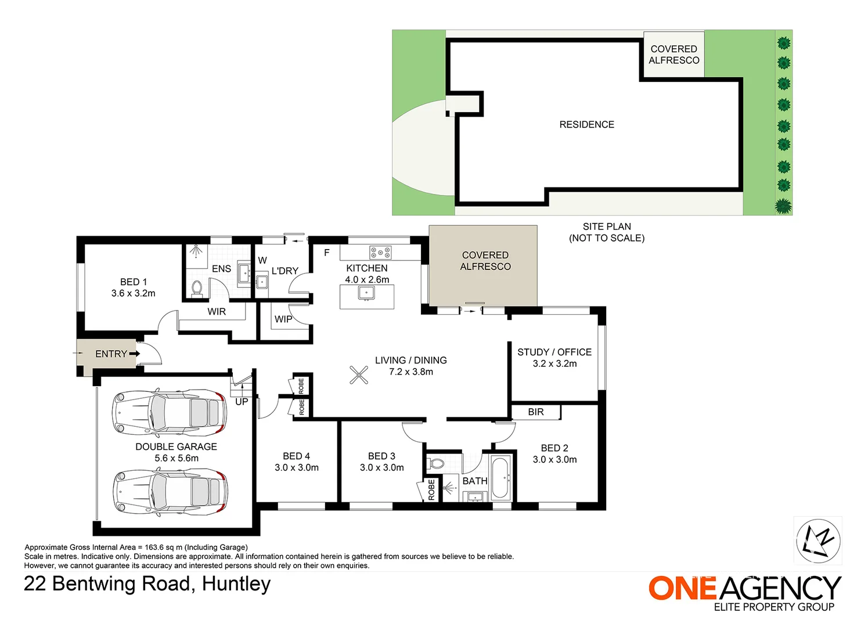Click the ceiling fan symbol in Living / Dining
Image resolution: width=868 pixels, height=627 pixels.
tap(359, 374)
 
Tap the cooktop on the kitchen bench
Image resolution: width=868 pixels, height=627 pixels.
tap(380, 253)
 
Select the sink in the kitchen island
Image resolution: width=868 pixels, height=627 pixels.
tap(366, 293)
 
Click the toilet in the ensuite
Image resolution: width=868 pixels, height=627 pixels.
tap(197, 288)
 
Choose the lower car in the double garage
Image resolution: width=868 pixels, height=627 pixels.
tap(171, 492)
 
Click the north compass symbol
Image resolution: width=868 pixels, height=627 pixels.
tap(819, 541)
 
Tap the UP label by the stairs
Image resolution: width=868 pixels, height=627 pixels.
tap(242, 402)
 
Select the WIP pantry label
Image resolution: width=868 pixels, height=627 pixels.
tap(283, 319)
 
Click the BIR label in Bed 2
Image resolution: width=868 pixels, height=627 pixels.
tap(536, 412)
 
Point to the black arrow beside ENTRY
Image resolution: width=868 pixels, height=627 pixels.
tap(135, 354)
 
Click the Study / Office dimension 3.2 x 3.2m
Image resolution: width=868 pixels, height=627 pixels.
tap(554, 363)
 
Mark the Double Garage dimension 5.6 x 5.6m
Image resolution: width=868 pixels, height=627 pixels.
tap(177, 458)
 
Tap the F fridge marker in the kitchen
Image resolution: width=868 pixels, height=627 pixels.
tap(327, 253)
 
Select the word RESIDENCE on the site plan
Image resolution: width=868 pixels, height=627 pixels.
tap(586, 124)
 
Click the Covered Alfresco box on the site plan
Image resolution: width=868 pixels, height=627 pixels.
tap(674, 54)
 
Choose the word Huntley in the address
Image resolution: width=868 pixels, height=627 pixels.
tap(236, 583)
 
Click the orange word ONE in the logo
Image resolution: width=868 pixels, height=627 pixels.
tap(682, 588)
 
